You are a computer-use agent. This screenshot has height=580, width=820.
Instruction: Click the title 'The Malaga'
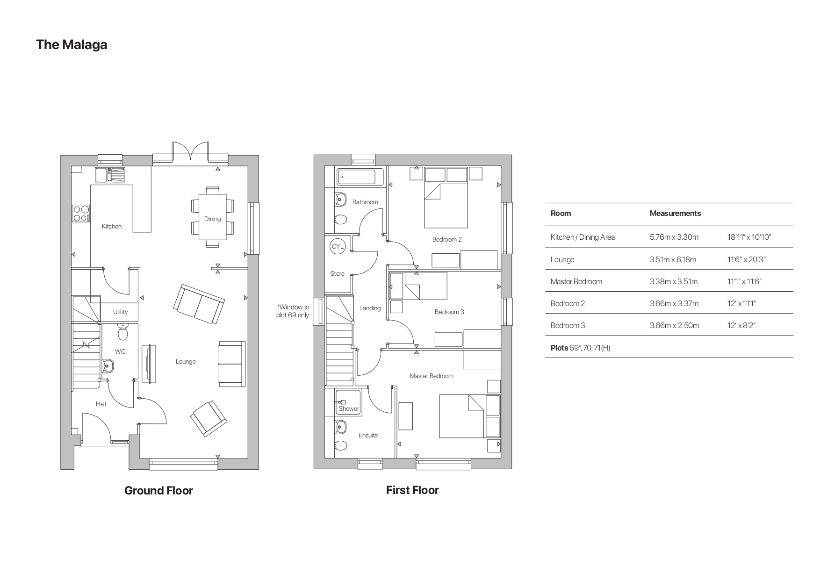(x=72, y=45)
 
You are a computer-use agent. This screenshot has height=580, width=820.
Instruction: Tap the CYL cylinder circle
(x=338, y=246)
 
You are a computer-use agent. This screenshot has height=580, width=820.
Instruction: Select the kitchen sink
(x=111, y=175)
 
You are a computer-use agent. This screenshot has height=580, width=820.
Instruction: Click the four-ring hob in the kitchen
(x=81, y=214)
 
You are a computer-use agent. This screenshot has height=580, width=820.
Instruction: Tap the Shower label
(x=349, y=408)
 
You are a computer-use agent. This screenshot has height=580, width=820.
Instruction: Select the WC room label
(x=120, y=351)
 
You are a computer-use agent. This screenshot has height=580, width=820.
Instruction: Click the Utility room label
(x=120, y=312)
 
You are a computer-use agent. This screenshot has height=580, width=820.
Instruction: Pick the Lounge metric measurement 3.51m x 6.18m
(x=673, y=259)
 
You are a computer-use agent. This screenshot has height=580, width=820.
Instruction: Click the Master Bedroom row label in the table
(x=576, y=281)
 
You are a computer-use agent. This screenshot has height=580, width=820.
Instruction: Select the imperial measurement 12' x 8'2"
(x=741, y=325)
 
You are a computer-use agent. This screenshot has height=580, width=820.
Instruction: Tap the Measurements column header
(x=675, y=213)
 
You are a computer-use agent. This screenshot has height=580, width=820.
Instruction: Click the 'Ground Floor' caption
(x=158, y=490)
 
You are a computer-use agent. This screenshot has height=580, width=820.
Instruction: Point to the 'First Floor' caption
(x=412, y=490)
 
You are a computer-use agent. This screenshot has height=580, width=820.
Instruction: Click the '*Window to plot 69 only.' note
(x=293, y=311)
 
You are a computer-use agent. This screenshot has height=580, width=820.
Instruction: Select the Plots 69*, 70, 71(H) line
(x=580, y=348)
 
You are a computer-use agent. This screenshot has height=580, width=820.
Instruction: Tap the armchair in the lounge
(x=209, y=418)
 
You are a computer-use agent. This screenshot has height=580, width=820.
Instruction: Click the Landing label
(x=370, y=308)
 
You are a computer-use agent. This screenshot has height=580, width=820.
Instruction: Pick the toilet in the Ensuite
(x=341, y=445)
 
